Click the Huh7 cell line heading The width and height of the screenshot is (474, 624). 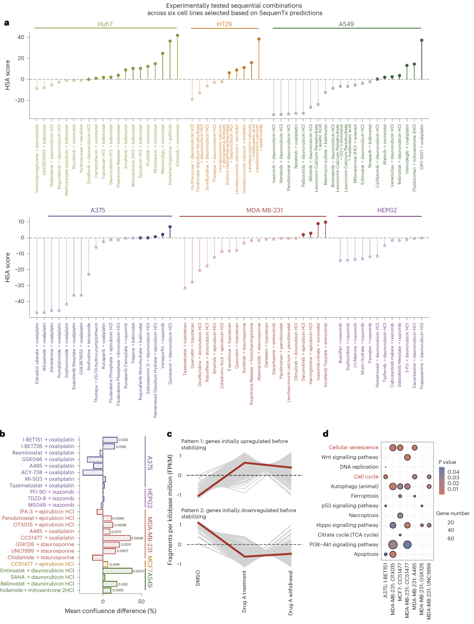click(x=105, y=24)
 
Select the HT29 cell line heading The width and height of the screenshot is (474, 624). click(x=224, y=24)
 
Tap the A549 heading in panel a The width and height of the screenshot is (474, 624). click(x=346, y=24)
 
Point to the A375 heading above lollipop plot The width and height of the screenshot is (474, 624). click(x=98, y=210)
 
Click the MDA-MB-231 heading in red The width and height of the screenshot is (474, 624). click(x=265, y=210)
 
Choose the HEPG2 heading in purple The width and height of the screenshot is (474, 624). click(x=387, y=210)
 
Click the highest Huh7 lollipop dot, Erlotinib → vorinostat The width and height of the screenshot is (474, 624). click(x=177, y=36)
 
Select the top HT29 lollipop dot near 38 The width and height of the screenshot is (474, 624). click(x=259, y=39)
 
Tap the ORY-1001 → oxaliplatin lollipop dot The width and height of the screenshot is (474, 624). click(x=422, y=40)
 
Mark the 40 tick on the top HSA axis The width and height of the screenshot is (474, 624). click(x=21, y=37)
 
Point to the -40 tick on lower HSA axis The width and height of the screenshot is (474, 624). click(x=20, y=301)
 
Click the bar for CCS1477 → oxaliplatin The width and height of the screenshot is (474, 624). click(x=117, y=538)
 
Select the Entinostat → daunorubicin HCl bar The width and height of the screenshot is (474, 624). click(x=118, y=571)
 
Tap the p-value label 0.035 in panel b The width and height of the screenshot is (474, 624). click(x=123, y=440)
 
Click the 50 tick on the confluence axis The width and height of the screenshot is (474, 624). click(x=141, y=602)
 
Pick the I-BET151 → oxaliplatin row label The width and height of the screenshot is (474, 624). click(x=49, y=440)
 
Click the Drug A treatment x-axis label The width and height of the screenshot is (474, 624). click(x=244, y=592)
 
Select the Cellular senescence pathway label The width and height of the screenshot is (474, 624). click(x=353, y=448)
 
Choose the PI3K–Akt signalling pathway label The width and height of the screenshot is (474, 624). click(x=344, y=545)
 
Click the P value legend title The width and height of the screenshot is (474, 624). click(x=447, y=462)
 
